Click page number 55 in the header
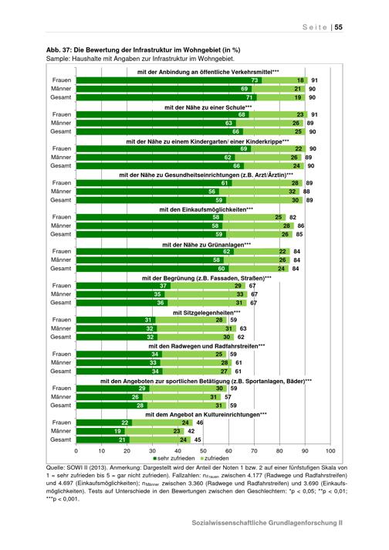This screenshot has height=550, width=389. (338, 27)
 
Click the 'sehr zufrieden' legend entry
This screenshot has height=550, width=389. (174, 458)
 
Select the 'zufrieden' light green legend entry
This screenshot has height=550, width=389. (215, 458)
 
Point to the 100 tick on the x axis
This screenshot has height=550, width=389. (330, 450)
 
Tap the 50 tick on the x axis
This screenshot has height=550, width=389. (203, 450)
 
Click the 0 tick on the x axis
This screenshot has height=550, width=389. (76, 450)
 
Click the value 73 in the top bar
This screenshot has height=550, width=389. (255, 80)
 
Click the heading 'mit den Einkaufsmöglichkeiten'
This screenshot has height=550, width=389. (206, 210)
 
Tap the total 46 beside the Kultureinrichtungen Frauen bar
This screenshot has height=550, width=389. (200, 423)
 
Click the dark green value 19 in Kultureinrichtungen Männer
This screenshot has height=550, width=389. (117, 431)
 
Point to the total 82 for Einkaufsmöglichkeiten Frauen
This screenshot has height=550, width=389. (293, 217)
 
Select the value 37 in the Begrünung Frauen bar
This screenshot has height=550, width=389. (164, 286)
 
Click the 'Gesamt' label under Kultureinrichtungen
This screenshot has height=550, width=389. (61, 440)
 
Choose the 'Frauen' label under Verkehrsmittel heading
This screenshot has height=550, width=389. (62, 80)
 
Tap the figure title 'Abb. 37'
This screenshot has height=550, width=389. (58, 49)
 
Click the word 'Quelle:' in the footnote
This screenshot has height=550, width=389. (55, 467)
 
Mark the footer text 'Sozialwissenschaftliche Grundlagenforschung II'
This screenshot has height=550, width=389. (267, 523)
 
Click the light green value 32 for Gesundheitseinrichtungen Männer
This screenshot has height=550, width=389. (293, 192)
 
